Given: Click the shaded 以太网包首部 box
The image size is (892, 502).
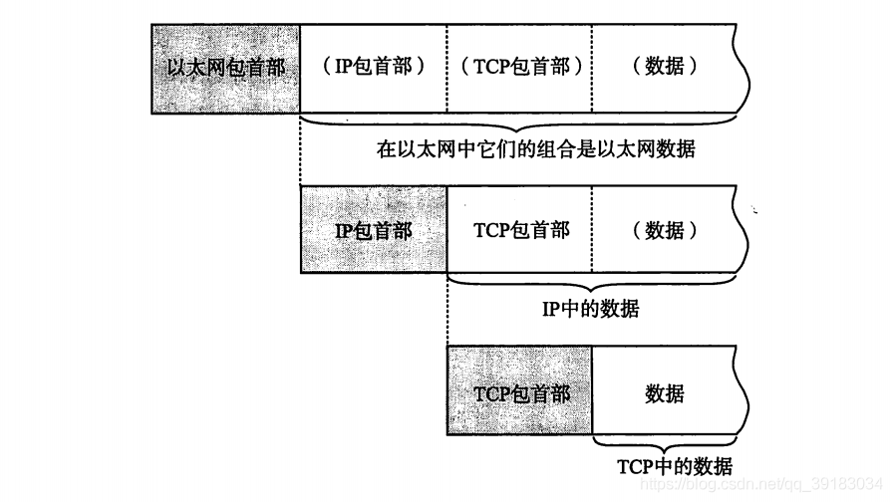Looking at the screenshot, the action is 225,69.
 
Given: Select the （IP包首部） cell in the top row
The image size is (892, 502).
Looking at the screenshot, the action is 373,68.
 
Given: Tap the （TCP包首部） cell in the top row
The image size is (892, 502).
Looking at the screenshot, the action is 519,68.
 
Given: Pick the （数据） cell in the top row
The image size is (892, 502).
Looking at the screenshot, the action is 665,68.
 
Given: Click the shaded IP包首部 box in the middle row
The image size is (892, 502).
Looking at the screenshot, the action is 374,230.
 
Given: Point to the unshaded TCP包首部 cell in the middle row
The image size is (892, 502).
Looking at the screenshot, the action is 519,230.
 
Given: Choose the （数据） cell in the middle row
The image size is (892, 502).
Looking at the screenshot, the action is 665,230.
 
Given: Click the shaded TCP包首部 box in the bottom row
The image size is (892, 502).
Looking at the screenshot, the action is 519,390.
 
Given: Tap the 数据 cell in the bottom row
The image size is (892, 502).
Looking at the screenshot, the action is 665,390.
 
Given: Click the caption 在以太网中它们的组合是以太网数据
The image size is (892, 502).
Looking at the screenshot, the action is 535,149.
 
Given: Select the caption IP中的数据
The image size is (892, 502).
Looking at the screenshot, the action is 590,309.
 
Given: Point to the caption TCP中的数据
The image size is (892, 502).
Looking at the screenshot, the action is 675,467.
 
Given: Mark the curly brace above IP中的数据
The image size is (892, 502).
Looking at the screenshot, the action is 592,284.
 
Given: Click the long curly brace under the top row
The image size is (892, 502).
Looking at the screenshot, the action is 517,125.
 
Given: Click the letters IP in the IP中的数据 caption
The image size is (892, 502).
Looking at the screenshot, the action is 551,310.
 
